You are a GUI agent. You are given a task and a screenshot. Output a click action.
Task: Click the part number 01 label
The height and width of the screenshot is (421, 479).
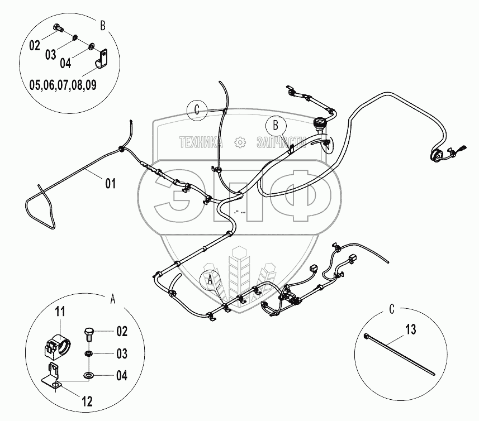[110, 182]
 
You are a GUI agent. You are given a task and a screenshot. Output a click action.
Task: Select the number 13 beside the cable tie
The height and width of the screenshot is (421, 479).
[411, 331]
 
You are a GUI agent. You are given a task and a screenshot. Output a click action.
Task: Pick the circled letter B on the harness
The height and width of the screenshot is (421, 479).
[276, 125]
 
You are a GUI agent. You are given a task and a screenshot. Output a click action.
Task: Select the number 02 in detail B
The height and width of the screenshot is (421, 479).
[35, 46]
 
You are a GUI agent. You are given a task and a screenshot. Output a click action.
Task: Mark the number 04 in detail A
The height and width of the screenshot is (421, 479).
[121, 376]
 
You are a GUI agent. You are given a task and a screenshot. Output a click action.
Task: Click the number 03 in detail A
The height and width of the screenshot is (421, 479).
[121, 354]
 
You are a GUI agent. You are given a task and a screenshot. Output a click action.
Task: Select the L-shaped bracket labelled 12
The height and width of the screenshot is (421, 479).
[55, 375]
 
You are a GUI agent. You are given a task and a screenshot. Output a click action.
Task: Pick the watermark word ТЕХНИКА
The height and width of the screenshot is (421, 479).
[201, 142]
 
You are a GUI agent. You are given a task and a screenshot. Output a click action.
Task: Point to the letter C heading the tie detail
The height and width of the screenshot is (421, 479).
[392, 308]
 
